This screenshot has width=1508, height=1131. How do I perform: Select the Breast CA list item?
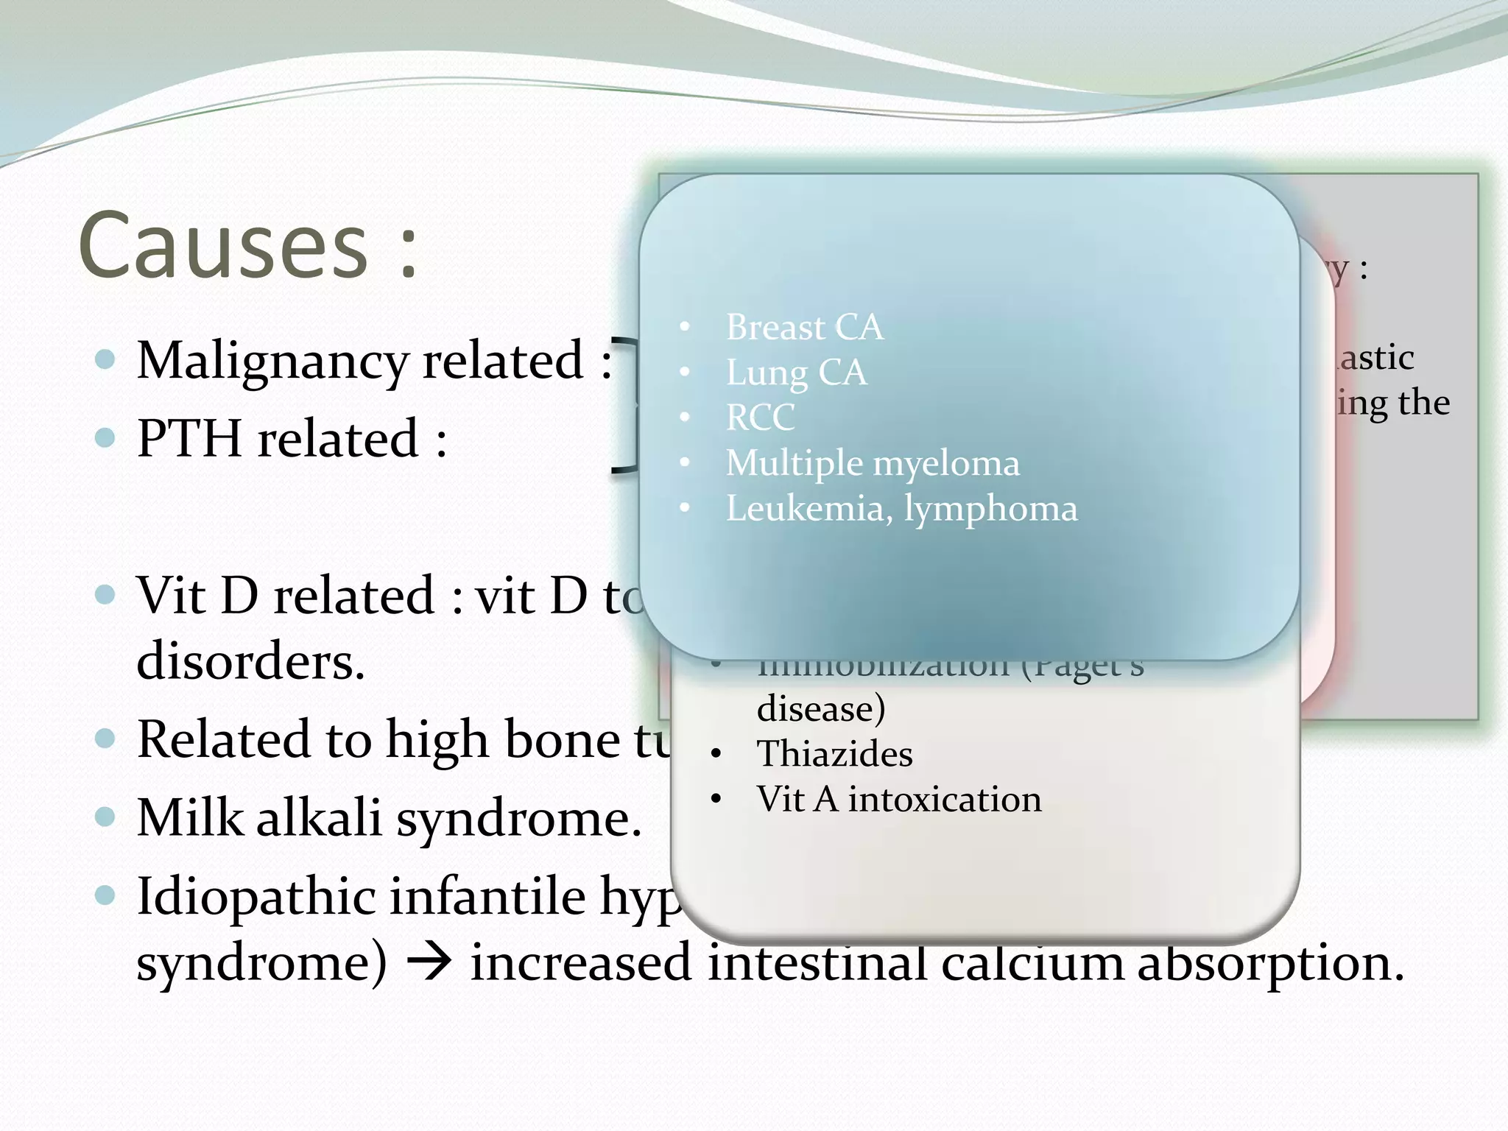click(x=804, y=327)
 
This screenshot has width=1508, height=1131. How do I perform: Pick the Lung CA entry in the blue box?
click(x=796, y=373)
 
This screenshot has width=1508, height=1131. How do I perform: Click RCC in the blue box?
click(x=760, y=418)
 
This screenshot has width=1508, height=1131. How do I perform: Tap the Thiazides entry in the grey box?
click(x=834, y=754)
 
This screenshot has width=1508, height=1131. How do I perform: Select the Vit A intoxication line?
click(x=899, y=800)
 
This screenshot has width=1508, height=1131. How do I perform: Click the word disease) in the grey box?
click(x=821, y=709)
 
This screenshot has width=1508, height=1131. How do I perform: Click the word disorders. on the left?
click(x=250, y=660)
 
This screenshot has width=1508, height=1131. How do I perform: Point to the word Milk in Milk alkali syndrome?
click(x=190, y=817)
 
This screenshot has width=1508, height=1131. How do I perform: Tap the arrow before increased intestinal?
click(x=429, y=963)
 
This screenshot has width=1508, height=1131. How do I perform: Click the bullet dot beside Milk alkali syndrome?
click(x=106, y=817)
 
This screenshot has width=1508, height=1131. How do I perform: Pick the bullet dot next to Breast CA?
click(x=685, y=328)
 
